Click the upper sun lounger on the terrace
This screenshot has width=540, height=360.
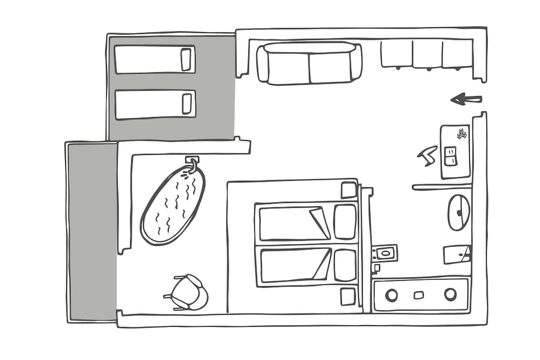click(154, 59)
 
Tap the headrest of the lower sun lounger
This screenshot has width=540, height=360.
click(187, 103)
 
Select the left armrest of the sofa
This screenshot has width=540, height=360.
click(262, 64)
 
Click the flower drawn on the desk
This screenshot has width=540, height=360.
click(462, 133)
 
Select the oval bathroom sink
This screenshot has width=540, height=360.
click(458, 212)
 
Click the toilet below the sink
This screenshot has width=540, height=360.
click(456, 254)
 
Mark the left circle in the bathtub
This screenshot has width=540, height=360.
click(391, 295)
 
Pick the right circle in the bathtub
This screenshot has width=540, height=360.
click(450, 294)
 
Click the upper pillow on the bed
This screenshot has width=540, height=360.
click(345, 221)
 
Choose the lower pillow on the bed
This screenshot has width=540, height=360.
click(345, 265)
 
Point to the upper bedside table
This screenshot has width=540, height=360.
click(348, 190)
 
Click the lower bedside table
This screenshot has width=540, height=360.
click(348, 296)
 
